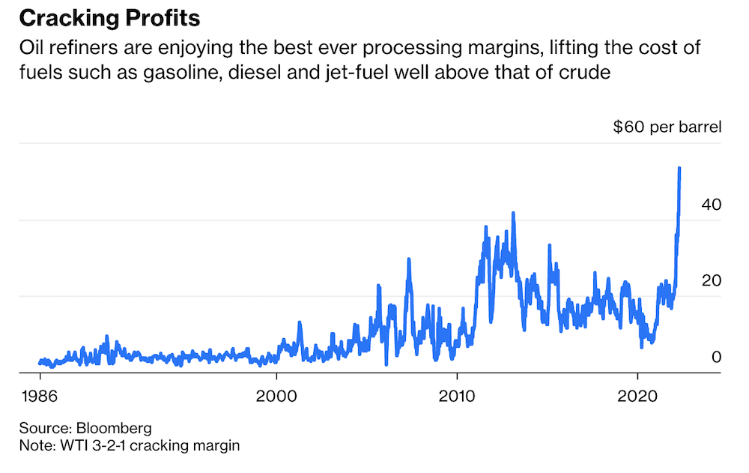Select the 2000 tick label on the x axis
pos(277,395)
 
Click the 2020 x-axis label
pos(637,395)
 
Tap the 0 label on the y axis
pos(715,356)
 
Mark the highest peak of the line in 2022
pos(679,168)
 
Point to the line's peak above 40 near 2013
pos(513,213)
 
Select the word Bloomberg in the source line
pos(115,429)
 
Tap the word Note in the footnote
pos(34,446)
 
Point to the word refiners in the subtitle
pos(74,49)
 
